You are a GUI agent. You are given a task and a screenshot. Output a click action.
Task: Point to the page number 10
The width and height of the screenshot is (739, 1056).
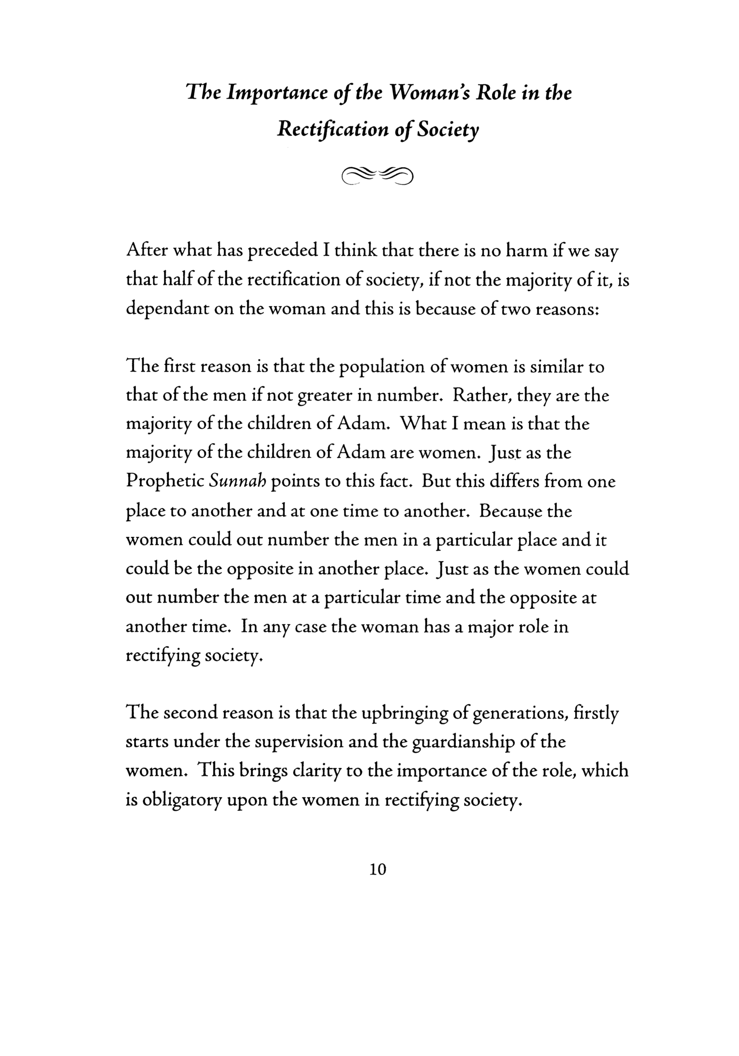(x=378, y=869)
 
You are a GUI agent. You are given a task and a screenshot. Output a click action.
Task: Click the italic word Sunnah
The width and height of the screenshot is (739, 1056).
(x=237, y=482)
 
